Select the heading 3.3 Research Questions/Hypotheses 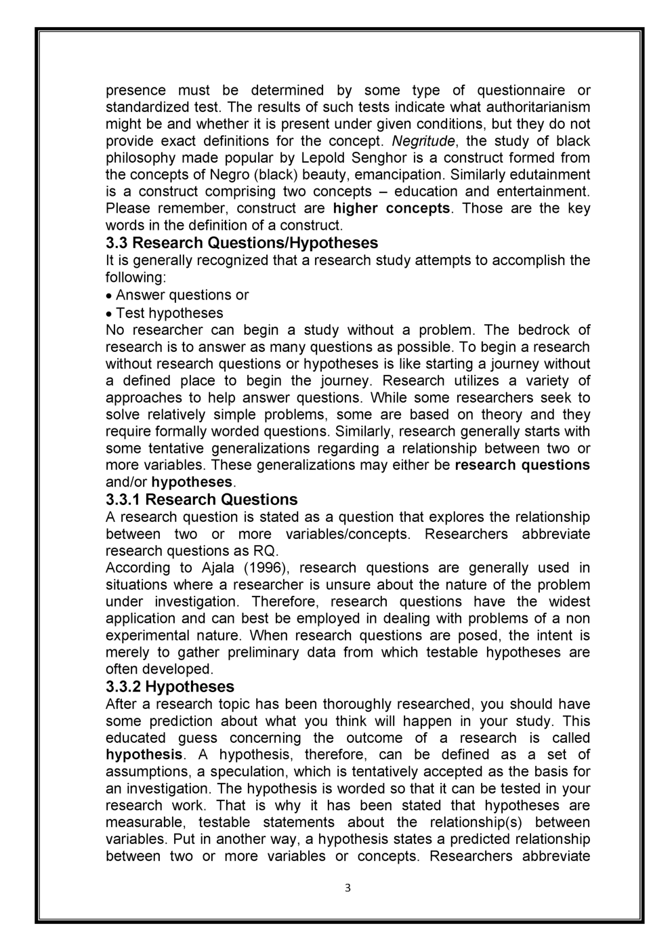242,243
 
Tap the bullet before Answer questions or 110,296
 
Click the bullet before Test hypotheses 110,314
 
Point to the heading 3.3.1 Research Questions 202,500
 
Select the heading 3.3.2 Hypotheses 170,687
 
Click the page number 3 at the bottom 347,888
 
